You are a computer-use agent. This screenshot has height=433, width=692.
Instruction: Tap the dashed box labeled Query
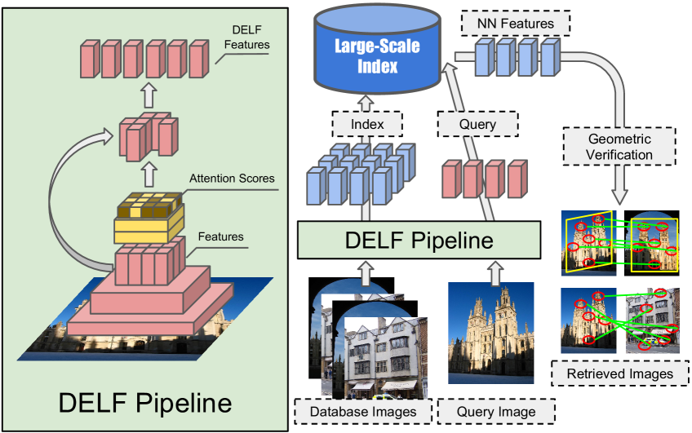tap(478, 124)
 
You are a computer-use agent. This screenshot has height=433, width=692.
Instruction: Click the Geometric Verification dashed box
tap(620, 146)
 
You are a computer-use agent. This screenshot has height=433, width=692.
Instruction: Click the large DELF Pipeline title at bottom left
tap(144, 402)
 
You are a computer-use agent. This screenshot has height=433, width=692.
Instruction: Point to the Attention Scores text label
tap(232, 178)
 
